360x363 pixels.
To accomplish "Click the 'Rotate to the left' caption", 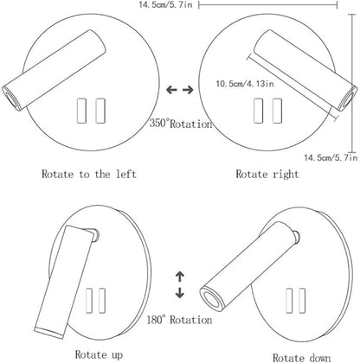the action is pos(89,174).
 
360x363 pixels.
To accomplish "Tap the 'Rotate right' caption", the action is pos(267,175).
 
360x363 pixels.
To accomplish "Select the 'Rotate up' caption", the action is pos(99,354).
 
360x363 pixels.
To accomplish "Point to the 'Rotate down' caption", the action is pos(301,358).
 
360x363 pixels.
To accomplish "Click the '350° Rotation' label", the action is pos(181,124).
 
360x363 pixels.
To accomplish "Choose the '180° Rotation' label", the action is pos(179,320).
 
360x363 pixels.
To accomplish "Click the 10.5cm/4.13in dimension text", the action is pos(245,84).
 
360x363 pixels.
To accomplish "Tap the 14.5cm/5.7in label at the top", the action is pos(165,4).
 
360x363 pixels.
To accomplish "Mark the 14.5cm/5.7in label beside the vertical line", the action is pos(331,157).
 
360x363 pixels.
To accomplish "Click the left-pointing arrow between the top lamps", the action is pos(171,90).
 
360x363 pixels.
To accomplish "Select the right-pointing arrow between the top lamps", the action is pos(188,90).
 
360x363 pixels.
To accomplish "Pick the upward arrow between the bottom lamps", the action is pos(180,277).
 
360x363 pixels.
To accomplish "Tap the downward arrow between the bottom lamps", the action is pos(180,293).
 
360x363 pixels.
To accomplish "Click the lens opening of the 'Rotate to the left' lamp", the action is pos(11,99).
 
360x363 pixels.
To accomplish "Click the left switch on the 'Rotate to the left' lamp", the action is pos(81,111).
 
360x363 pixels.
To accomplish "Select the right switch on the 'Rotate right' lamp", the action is pos(277,111).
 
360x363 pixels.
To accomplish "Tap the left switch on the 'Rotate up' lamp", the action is pos(90,301).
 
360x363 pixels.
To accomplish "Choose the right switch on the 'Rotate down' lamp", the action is pos(302,301).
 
